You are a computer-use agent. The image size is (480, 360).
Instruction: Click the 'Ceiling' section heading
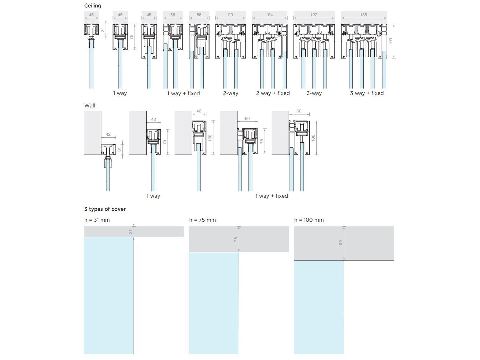pos(92,6)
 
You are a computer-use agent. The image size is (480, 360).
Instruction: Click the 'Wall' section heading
pos(90,106)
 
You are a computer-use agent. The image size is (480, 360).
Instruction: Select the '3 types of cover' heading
pos(105,209)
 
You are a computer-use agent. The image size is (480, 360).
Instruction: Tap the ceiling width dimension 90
pos(230,15)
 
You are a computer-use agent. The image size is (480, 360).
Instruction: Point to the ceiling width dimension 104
pos(269,15)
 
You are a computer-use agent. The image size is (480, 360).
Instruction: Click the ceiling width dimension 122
pos(314,15)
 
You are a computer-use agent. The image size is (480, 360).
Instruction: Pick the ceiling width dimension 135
pos(364,15)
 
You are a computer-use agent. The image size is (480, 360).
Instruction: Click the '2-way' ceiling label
pos(230,93)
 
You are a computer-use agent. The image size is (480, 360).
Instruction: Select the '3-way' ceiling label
pos(314,93)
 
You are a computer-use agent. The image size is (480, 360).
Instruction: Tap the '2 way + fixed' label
pos(273,93)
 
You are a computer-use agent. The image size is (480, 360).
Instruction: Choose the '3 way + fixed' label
pos(367,93)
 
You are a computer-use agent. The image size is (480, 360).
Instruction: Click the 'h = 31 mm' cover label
pos(97,220)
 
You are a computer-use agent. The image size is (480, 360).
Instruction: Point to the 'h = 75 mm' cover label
pos(202,220)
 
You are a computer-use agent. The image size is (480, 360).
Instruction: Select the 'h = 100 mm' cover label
pos(309,220)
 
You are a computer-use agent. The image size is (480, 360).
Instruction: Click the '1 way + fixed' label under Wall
pos(271,196)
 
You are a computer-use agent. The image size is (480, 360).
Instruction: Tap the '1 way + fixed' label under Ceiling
pos(183,93)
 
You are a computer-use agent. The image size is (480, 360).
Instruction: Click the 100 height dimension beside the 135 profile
pos(391,41)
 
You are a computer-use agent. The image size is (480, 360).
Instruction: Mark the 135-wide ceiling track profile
pos(364,41)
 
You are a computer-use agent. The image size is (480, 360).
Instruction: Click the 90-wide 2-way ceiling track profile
pos(230,41)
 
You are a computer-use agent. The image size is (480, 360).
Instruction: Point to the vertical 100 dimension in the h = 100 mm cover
pos(341,244)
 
